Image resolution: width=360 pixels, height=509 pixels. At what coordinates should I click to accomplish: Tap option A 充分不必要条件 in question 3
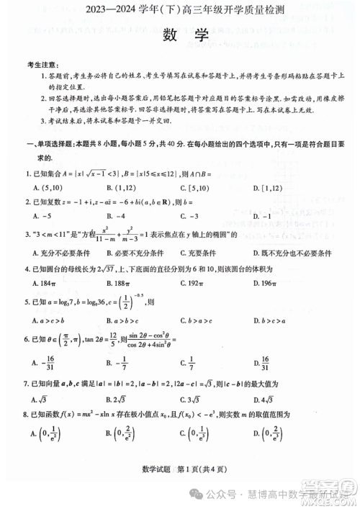[60, 253]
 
